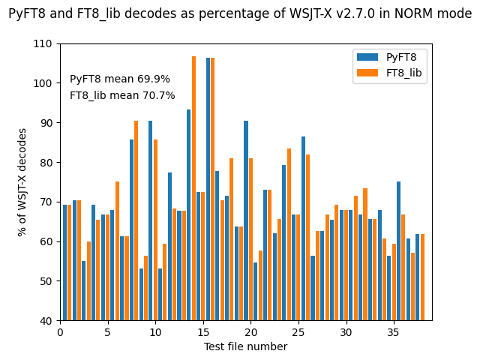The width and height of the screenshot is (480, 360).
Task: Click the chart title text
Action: click(240, 13)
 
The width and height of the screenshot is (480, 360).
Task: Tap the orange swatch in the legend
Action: click(367, 72)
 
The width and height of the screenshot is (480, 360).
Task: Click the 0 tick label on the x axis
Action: click(60, 332)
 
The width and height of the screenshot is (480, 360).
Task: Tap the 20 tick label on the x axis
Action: click(251, 332)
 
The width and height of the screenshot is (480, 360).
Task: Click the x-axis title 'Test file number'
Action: click(245, 346)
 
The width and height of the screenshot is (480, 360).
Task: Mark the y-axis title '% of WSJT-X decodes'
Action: click(22, 182)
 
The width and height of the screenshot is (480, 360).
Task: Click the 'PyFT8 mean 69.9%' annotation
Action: click(120, 79)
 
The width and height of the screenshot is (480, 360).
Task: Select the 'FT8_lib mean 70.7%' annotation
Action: click(122, 96)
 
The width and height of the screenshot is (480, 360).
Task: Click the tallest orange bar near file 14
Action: click(193, 187)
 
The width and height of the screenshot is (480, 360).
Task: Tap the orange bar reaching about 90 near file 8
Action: click(136, 220)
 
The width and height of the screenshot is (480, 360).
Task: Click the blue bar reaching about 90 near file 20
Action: click(246, 220)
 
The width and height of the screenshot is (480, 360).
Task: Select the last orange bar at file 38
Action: click(423, 277)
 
